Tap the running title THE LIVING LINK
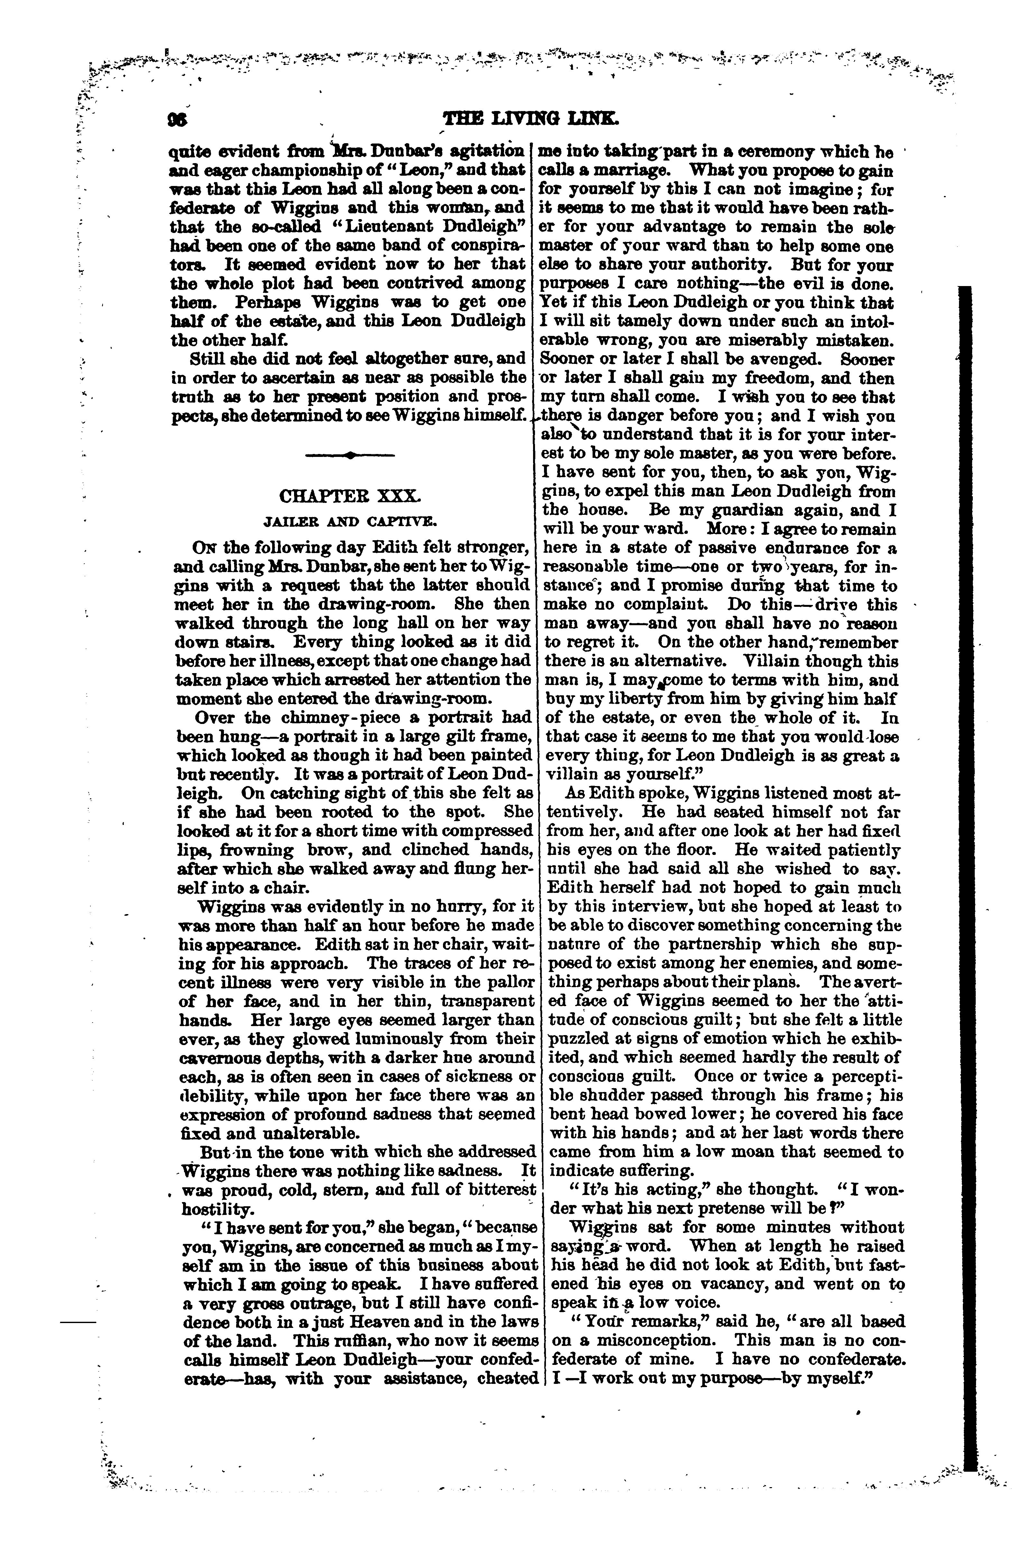point(530,120)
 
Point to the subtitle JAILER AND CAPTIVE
point(349,521)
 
